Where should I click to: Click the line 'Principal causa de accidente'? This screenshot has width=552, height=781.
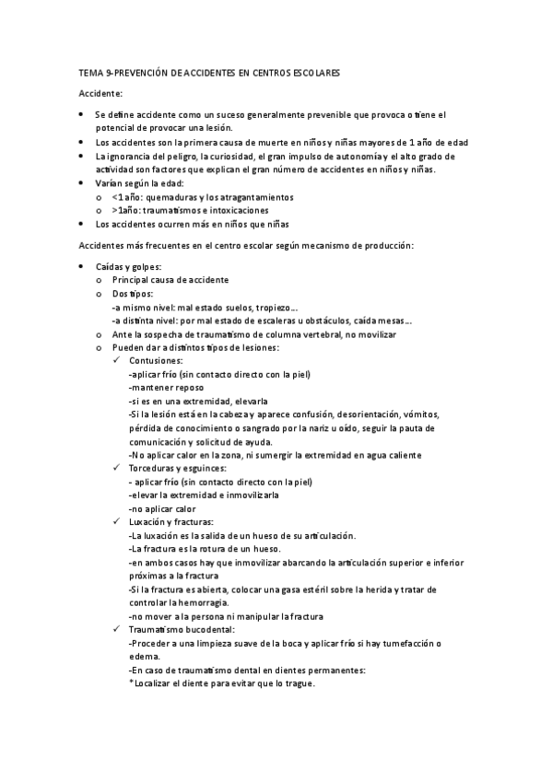tap(170, 279)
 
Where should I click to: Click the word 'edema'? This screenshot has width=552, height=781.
tap(145, 657)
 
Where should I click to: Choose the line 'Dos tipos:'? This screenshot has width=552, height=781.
tap(134, 293)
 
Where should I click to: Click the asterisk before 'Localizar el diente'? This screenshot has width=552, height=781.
tap(132, 683)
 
